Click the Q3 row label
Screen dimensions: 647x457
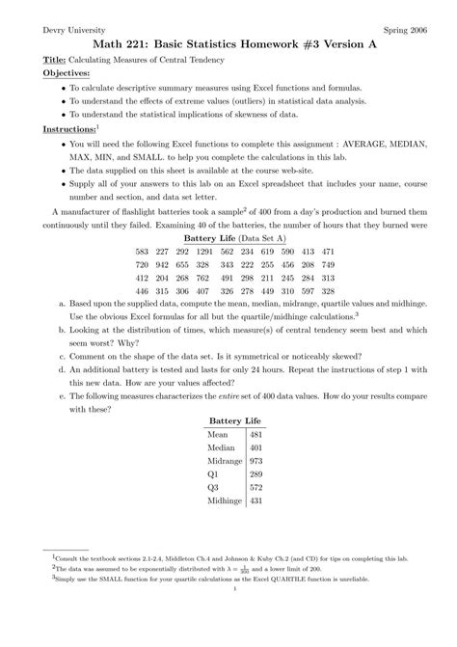(213, 488)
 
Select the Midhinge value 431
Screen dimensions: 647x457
(255, 501)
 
